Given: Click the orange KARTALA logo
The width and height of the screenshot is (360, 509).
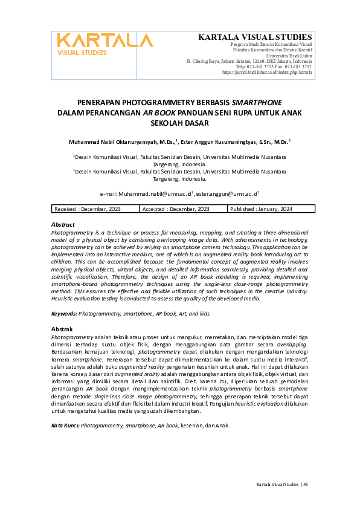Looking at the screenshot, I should point(105,44).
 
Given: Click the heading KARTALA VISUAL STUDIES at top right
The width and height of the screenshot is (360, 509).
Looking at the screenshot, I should point(255,37).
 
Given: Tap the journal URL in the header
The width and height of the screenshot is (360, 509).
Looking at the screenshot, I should point(267,72).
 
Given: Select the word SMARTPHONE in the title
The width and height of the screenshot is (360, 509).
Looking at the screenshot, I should point(257,102).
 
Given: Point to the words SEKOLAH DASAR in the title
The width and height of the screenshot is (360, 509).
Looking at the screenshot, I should point(179,123).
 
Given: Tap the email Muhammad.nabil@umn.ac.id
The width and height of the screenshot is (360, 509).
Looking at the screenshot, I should point(154,193).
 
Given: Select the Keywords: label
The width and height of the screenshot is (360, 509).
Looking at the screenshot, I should point(64,313).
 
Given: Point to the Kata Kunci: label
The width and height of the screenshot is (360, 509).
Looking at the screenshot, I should point(65,426).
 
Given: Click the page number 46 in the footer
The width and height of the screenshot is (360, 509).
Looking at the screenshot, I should point(306,484).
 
